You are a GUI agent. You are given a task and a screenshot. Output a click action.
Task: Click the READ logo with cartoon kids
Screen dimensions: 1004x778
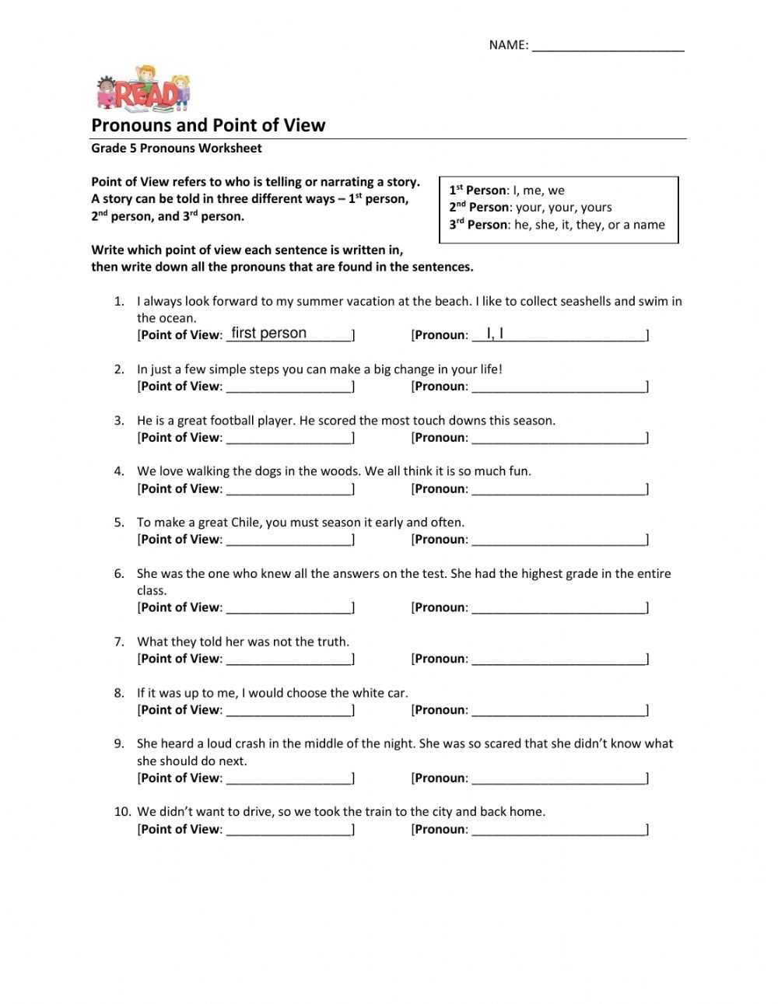pyautogui.click(x=143, y=88)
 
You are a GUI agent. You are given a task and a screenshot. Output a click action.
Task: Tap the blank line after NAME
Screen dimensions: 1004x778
pyautogui.click(x=608, y=45)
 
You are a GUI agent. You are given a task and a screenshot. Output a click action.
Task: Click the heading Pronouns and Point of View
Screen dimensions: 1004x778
pyautogui.click(x=209, y=125)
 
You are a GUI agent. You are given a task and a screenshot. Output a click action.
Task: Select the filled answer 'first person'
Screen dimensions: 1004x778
pyautogui.click(x=269, y=333)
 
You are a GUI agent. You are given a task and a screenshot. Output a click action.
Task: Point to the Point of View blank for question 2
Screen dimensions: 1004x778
pyautogui.click(x=289, y=386)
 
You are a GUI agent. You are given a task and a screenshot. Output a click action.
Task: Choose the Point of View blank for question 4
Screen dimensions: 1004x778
pyautogui.click(x=289, y=488)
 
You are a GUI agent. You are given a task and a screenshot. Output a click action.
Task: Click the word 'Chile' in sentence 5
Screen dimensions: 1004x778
pyautogui.click(x=247, y=523)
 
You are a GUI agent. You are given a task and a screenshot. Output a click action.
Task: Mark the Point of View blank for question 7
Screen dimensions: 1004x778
pyautogui.click(x=289, y=659)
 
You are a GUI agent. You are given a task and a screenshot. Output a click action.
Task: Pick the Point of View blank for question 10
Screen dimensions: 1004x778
pyautogui.click(x=289, y=829)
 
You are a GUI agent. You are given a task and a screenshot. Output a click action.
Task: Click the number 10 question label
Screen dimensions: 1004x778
pyautogui.click(x=122, y=812)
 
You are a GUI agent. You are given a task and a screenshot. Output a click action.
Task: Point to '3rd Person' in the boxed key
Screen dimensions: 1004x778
pyautogui.click(x=478, y=225)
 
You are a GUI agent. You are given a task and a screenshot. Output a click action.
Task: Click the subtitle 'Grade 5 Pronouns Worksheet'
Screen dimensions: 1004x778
pyautogui.click(x=177, y=149)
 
